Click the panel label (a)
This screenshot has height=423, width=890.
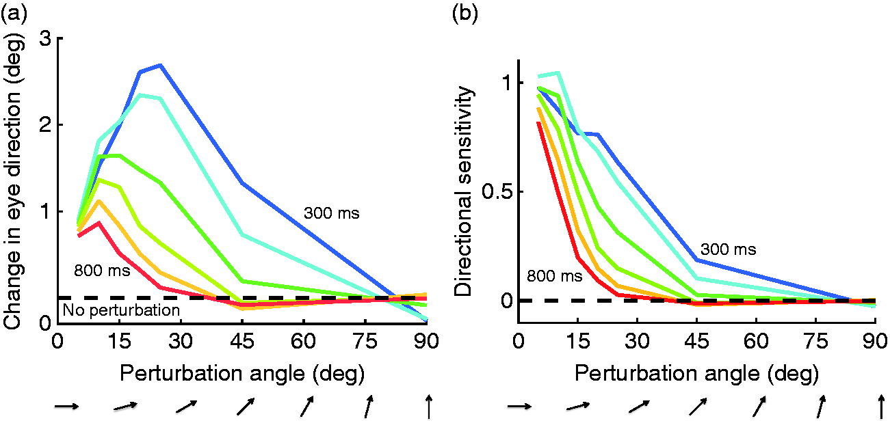coord(14,14)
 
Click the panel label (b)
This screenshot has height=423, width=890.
coord(465,14)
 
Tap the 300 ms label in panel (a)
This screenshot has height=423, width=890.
coord(331,213)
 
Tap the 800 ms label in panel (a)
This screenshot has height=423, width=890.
coord(102,270)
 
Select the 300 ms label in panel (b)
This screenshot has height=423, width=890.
coord(729,249)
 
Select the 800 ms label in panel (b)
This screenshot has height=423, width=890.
coord(555,276)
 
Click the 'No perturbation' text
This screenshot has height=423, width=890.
coord(122,310)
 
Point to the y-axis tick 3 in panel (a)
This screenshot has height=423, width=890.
coord(46,38)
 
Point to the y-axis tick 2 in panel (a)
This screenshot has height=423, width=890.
coord(46,125)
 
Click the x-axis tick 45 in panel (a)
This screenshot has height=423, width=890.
coord(242,341)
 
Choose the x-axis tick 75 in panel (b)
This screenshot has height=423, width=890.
coord(815,341)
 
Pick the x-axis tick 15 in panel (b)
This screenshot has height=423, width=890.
coord(577,341)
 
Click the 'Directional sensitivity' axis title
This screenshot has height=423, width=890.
coord(464,191)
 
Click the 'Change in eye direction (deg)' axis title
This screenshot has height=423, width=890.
coord(13,180)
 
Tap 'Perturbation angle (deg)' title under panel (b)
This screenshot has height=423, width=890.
coord(697,374)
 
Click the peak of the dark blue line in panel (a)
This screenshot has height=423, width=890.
coord(160,65)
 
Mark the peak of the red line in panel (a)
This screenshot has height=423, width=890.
coord(99,223)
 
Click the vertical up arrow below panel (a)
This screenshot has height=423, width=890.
coord(429,407)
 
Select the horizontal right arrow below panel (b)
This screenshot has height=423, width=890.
coord(520,407)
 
